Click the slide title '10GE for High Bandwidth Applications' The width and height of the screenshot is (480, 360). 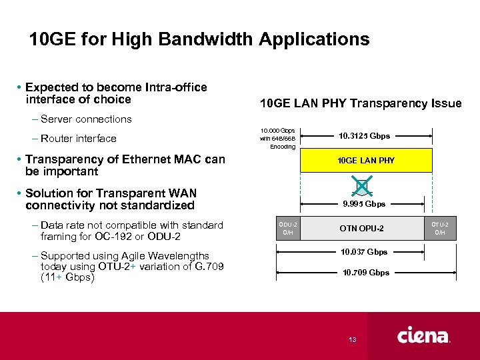click(x=199, y=39)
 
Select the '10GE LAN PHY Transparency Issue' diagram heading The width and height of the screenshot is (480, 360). click(x=360, y=103)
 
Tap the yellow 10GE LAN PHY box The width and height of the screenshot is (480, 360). click(x=366, y=161)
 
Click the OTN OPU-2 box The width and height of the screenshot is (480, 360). click(x=361, y=229)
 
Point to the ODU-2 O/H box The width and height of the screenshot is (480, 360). click(x=287, y=229)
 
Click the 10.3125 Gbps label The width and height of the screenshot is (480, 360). click(x=364, y=136)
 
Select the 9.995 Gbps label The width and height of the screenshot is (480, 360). click(x=364, y=204)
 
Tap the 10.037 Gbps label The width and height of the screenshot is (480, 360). click(x=364, y=252)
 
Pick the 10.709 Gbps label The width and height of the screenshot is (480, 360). click(x=366, y=273)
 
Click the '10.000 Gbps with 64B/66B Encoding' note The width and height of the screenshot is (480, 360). click(x=278, y=138)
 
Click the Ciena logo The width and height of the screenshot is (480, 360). click(x=424, y=336)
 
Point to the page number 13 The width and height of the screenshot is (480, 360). click(x=352, y=340)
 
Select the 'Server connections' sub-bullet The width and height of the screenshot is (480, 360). click(x=86, y=119)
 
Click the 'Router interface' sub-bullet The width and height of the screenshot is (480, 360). click(x=78, y=139)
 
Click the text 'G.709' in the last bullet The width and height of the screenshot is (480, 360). click(x=208, y=267)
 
